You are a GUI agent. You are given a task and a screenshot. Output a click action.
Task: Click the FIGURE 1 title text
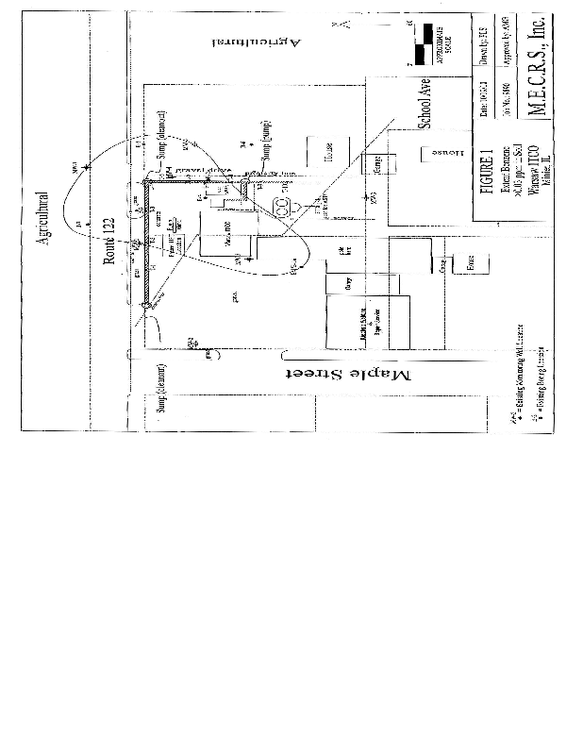coord(488,170)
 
